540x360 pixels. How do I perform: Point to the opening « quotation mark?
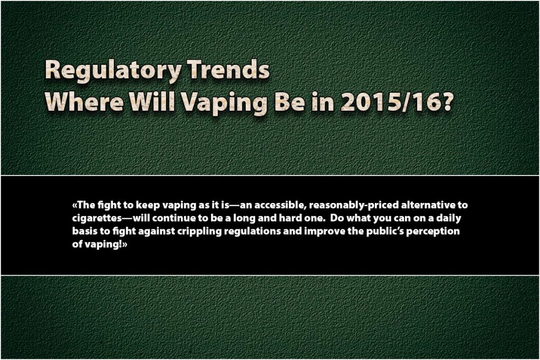(73, 205)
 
